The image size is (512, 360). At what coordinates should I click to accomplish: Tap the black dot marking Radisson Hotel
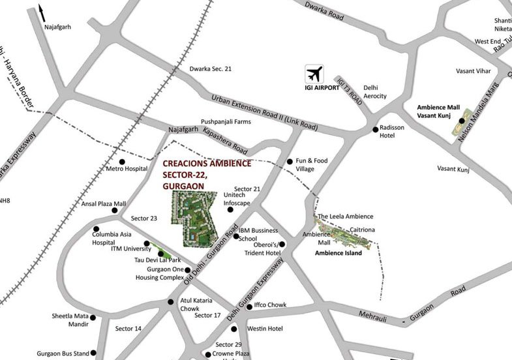coord(376,130)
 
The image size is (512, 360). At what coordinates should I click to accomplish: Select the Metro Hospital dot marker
coord(122,161)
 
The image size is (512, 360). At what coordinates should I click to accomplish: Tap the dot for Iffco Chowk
coord(248,306)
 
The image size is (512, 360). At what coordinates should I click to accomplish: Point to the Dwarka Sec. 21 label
coord(211,68)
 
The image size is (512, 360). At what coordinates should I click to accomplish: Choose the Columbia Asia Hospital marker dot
coord(96,229)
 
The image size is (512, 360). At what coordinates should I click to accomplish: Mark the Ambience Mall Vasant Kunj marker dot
coord(461,121)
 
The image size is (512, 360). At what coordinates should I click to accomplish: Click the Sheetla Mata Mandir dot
coord(93,318)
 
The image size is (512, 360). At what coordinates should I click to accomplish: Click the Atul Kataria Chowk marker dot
coord(171,301)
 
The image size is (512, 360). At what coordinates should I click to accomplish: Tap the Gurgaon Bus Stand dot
coord(95,353)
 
